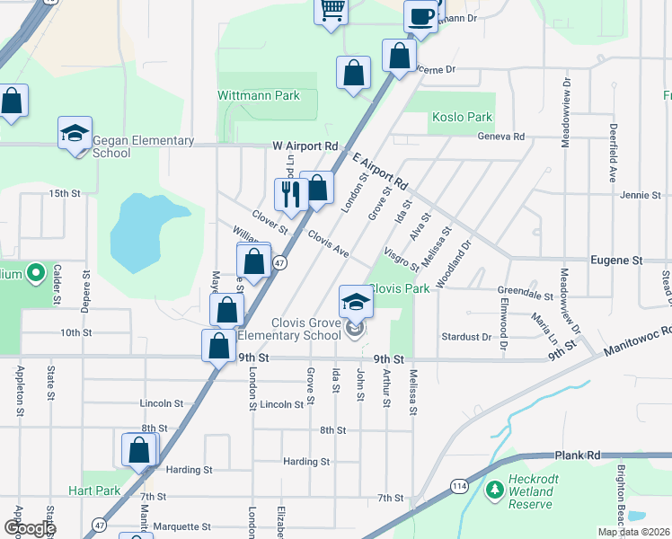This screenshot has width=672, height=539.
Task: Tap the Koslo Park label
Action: click(462, 117)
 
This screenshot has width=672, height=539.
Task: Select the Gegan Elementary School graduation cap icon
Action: click(75, 134)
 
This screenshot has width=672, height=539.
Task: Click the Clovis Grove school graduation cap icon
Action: click(356, 303)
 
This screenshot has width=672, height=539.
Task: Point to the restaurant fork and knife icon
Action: click(290, 193)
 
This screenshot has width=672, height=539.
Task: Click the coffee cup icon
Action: click(421, 14)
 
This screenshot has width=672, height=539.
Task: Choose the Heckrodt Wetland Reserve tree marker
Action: click(494, 490)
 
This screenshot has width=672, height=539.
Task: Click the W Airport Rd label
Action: click(305, 146)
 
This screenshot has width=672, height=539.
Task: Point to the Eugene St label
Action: click(616, 260)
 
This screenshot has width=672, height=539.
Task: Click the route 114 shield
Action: click(460, 485)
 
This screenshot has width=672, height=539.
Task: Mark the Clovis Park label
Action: click(399, 288)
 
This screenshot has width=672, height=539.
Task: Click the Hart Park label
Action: click(94, 490)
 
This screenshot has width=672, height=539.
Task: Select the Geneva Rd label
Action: click(506, 137)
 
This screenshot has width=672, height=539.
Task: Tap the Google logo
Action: click(30, 528)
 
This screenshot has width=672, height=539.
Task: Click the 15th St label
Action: click(65, 193)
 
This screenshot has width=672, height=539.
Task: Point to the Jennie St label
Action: click(641, 194)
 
